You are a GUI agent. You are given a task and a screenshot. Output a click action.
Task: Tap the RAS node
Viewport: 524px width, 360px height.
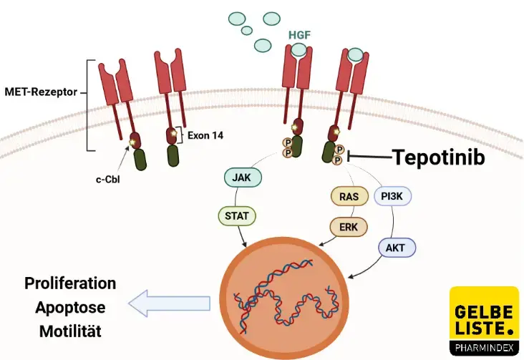point(349,195)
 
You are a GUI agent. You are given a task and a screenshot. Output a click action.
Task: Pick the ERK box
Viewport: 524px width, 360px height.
point(349,226)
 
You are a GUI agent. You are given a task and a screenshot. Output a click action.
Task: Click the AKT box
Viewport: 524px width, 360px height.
point(395,247)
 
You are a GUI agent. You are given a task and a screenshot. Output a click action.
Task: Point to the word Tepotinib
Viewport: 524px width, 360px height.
point(439,157)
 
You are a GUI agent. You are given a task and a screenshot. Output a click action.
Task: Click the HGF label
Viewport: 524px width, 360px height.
point(299,34)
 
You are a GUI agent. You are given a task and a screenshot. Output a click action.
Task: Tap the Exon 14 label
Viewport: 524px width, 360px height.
point(205,134)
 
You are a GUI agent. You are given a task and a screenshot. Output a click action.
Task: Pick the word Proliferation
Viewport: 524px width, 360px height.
point(70,283)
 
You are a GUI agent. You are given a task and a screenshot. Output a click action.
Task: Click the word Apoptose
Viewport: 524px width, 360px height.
point(70,308)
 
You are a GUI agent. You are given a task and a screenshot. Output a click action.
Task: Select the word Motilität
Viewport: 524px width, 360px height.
point(70,331)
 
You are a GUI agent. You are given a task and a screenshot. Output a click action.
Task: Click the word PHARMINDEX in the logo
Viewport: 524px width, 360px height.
point(484,348)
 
